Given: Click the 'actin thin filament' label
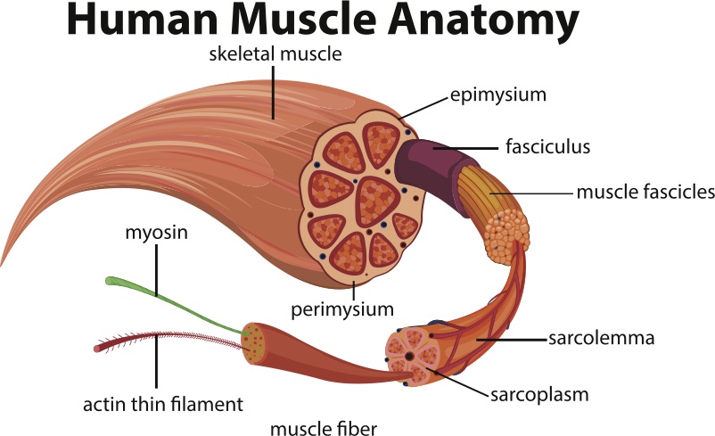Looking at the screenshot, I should [x=162, y=404].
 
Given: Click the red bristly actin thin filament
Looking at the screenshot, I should [x=160, y=338].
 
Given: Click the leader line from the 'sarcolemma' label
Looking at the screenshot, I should [x=507, y=339].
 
